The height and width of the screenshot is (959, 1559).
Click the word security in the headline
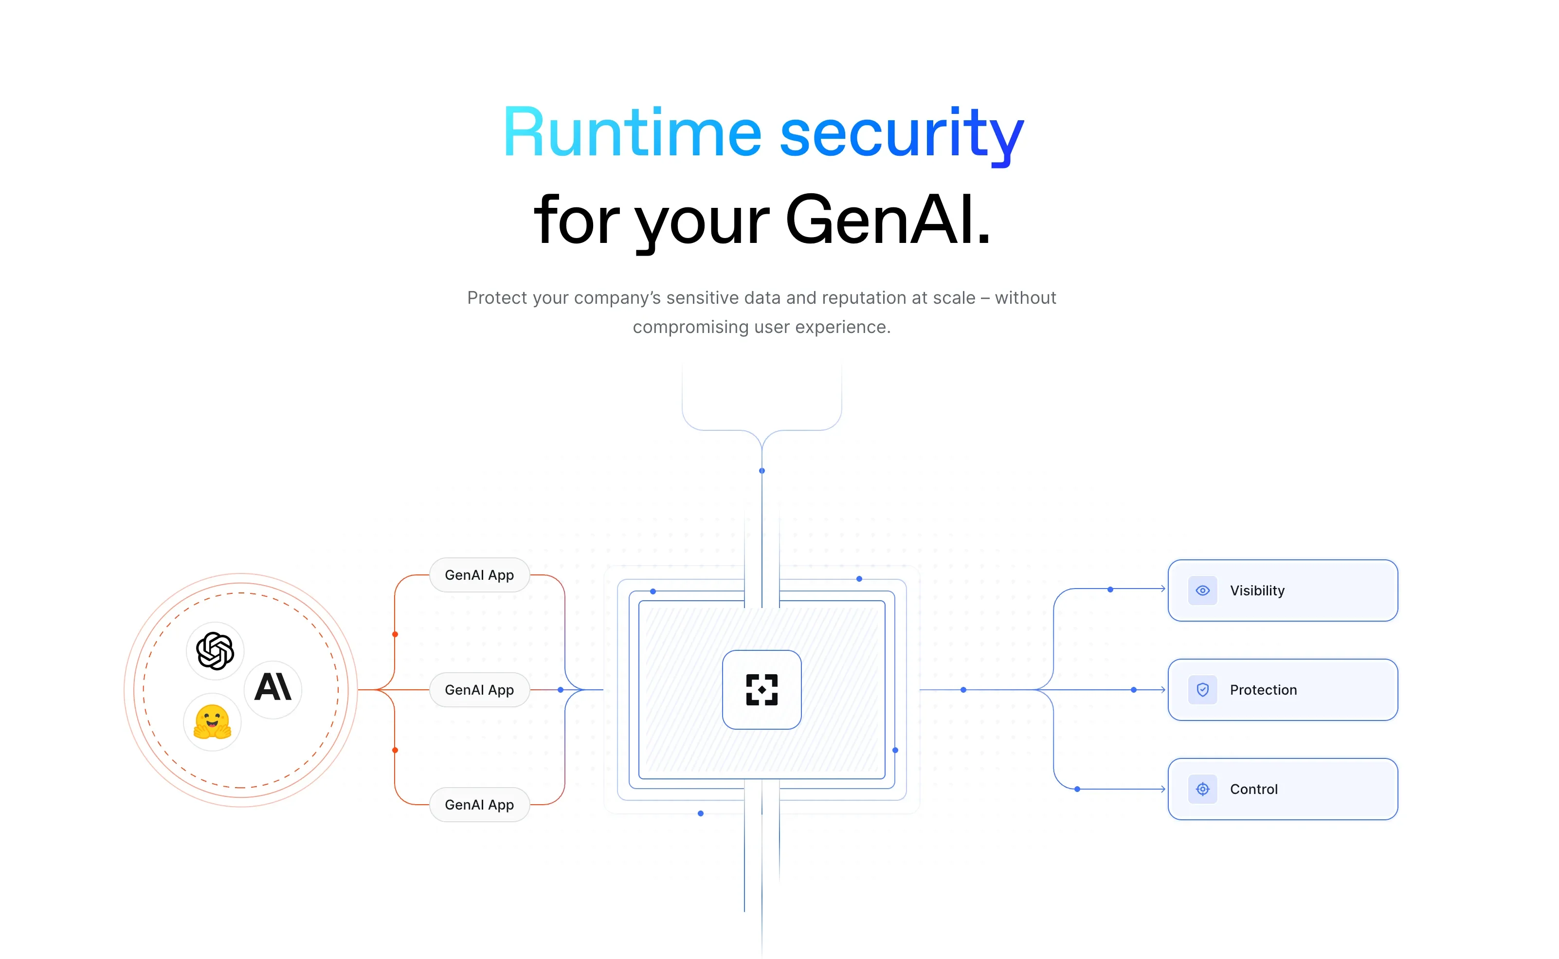pos(901,134)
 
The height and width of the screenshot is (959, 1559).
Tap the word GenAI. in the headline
pos(887,221)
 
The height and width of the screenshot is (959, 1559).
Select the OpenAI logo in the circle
pos(215,651)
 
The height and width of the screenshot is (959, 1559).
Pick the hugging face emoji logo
pos(212,722)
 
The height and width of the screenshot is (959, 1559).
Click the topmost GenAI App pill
pos(479,575)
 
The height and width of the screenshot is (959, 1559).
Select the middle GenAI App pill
pos(479,690)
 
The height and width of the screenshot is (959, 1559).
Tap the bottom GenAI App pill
pos(479,805)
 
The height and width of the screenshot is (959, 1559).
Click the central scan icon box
pos(761,689)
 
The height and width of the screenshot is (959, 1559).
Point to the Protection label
pos(1263,690)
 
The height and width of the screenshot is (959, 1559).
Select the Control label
pos(1253,790)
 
